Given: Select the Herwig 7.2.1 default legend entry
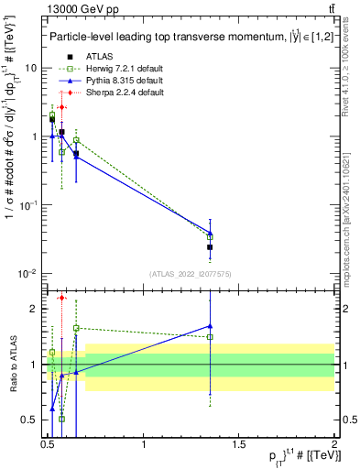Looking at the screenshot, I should point(103,69).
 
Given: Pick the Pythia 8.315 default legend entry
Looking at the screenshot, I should point(103,81).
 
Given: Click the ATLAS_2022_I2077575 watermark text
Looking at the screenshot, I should point(191,273).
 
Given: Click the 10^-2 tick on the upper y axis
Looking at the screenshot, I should point(29,274).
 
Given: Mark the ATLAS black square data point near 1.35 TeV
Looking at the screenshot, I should point(211,246).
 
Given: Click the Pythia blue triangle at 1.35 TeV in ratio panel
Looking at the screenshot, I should point(211,325).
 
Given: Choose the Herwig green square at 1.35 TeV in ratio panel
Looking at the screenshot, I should point(211,336).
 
